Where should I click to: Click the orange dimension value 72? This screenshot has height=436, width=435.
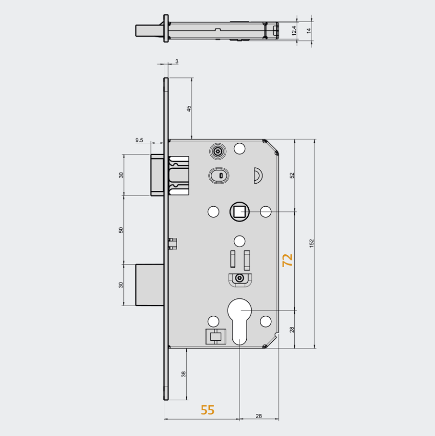point(288,260)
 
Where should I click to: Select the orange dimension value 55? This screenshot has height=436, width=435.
point(207,410)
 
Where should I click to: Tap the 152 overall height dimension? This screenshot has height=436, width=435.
point(311,244)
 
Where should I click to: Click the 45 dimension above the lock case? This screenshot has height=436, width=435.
point(188,108)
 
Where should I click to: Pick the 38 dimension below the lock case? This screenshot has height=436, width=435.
point(183,374)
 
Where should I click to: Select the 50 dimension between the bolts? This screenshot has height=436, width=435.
point(121,229)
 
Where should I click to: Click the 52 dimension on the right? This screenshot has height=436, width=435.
point(292,175)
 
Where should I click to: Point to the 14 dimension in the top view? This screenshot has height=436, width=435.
point(309,31)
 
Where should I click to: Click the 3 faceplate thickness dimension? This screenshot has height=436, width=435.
point(177,61)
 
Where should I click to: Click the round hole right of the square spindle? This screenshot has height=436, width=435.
point(265,211)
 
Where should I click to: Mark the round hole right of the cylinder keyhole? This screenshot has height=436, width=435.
point(265,321)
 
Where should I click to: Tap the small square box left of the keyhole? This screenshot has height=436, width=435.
point(214,337)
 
